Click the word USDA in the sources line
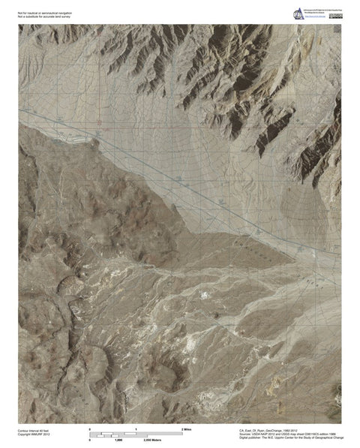pos(256,434)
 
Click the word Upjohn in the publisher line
pos(289,438)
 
